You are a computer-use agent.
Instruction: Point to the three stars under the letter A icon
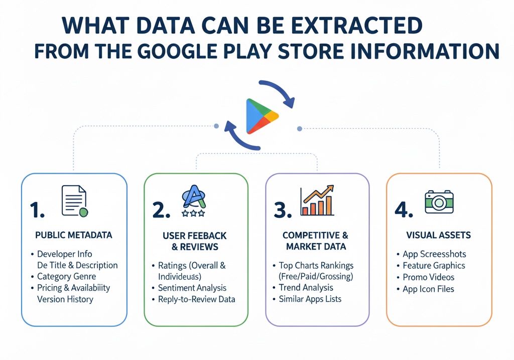click(193, 213)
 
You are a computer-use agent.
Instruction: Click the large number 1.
click(36, 210)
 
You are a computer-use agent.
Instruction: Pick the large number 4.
click(404, 210)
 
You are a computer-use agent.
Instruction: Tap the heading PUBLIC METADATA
click(74, 235)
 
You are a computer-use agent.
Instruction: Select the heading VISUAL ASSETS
click(438, 235)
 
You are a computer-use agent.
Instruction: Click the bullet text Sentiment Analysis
click(192, 288)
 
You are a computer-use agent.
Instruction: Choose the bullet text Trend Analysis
click(306, 288)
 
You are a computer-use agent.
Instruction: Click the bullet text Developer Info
click(64, 254)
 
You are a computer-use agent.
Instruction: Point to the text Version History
click(65, 299)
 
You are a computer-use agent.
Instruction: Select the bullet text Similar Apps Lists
click(310, 299)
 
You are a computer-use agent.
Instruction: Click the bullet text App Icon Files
click(428, 289)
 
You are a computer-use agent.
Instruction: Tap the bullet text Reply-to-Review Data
click(196, 299)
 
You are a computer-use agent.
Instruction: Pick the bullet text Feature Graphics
click(434, 266)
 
